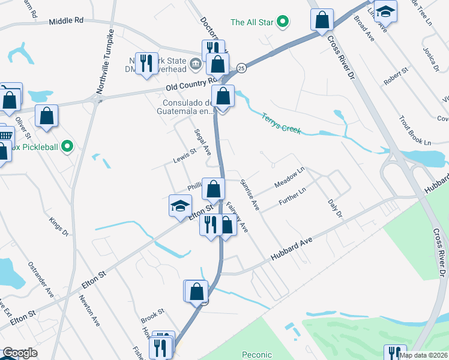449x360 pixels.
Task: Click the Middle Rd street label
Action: [x=66, y=20]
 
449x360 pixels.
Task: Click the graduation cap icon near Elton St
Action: [x=180, y=206]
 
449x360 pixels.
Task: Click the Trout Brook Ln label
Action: [x=415, y=134]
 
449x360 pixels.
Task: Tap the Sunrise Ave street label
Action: [x=249, y=194]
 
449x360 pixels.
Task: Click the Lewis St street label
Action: [x=185, y=155]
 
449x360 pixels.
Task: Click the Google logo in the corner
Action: [x=19, y=352]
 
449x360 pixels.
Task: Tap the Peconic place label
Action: [x=258, y=355]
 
